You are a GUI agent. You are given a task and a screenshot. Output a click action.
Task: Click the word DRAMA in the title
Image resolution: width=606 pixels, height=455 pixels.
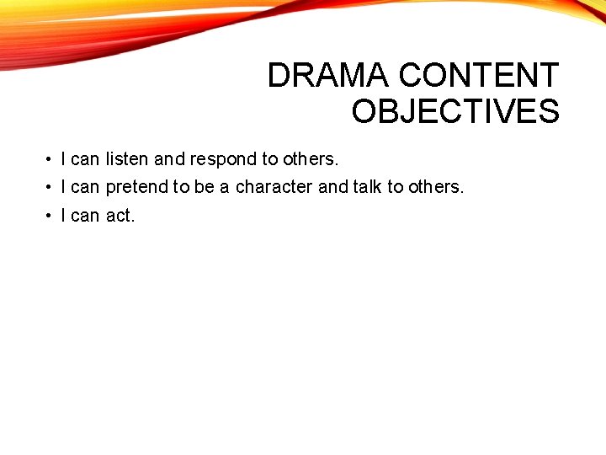[329, 76]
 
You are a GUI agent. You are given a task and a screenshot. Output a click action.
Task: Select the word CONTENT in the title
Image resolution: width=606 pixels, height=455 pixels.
[478, 76]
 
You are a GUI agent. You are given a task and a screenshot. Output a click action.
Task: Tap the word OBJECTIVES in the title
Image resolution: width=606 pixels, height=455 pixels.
[455, 111]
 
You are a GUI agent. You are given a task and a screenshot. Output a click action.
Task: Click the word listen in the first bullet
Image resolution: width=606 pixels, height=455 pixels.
[127, 158]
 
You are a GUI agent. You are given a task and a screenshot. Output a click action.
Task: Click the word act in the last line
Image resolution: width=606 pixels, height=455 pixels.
[120, 216]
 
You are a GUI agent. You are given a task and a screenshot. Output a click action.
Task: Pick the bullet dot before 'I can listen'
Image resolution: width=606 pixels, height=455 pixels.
[50, 159]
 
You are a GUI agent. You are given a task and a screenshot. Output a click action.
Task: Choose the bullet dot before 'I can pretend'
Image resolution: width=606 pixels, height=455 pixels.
[50, 187]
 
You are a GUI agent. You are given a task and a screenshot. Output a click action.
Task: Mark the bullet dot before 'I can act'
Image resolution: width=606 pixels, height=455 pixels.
[50, 216]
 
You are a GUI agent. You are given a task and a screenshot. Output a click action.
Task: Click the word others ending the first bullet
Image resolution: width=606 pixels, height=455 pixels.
[311, 158]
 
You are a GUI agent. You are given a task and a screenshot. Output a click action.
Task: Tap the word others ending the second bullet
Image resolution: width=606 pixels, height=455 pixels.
[435, 187]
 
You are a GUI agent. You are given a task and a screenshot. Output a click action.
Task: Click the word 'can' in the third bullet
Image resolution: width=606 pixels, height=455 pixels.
[85, 216]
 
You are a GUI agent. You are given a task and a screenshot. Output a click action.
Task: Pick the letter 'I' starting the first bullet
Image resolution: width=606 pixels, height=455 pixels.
[64, 158]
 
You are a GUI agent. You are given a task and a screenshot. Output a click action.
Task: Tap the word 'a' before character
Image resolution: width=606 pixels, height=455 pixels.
[225, 187]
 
